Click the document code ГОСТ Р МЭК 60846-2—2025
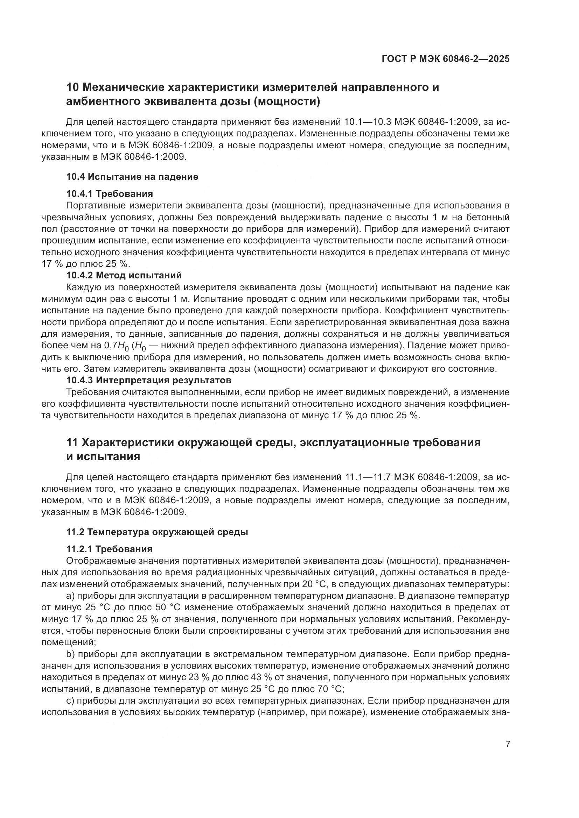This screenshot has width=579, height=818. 445,59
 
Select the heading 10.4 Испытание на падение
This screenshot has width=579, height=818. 132,177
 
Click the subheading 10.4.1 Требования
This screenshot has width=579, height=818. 110,194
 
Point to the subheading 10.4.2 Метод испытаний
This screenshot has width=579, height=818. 124,275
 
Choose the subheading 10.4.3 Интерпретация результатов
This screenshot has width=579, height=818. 149,380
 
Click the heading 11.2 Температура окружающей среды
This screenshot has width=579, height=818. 157,532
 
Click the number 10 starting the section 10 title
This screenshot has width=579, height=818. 73,87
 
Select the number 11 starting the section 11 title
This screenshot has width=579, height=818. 72,443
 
